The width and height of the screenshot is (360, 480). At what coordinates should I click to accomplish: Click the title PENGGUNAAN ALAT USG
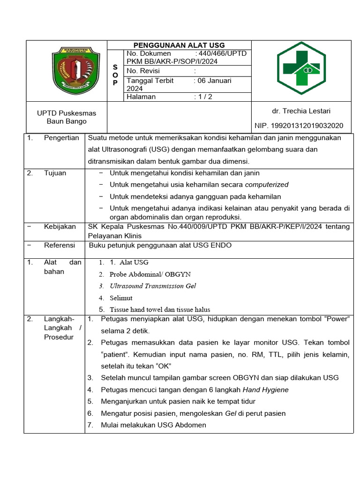180,45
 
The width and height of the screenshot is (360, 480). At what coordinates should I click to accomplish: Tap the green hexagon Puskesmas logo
304,68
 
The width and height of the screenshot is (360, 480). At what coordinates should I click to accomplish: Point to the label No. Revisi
143,71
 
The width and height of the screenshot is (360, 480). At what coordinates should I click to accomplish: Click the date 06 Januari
214,81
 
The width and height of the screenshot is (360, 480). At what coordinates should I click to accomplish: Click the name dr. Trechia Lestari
301,111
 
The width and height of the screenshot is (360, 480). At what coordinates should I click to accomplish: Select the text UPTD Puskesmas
67,113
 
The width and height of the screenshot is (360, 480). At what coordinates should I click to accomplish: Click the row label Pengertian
61,138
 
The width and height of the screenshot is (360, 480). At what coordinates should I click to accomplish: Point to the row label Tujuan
55,173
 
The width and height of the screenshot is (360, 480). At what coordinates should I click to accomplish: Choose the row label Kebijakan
60,226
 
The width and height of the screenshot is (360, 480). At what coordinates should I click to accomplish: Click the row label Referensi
60,245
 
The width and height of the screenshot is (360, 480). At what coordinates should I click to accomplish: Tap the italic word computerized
267,185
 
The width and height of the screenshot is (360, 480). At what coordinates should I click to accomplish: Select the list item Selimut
121,298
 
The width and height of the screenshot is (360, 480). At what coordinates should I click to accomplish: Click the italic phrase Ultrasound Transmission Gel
153,286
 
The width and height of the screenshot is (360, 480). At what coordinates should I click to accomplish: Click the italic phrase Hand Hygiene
265,390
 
